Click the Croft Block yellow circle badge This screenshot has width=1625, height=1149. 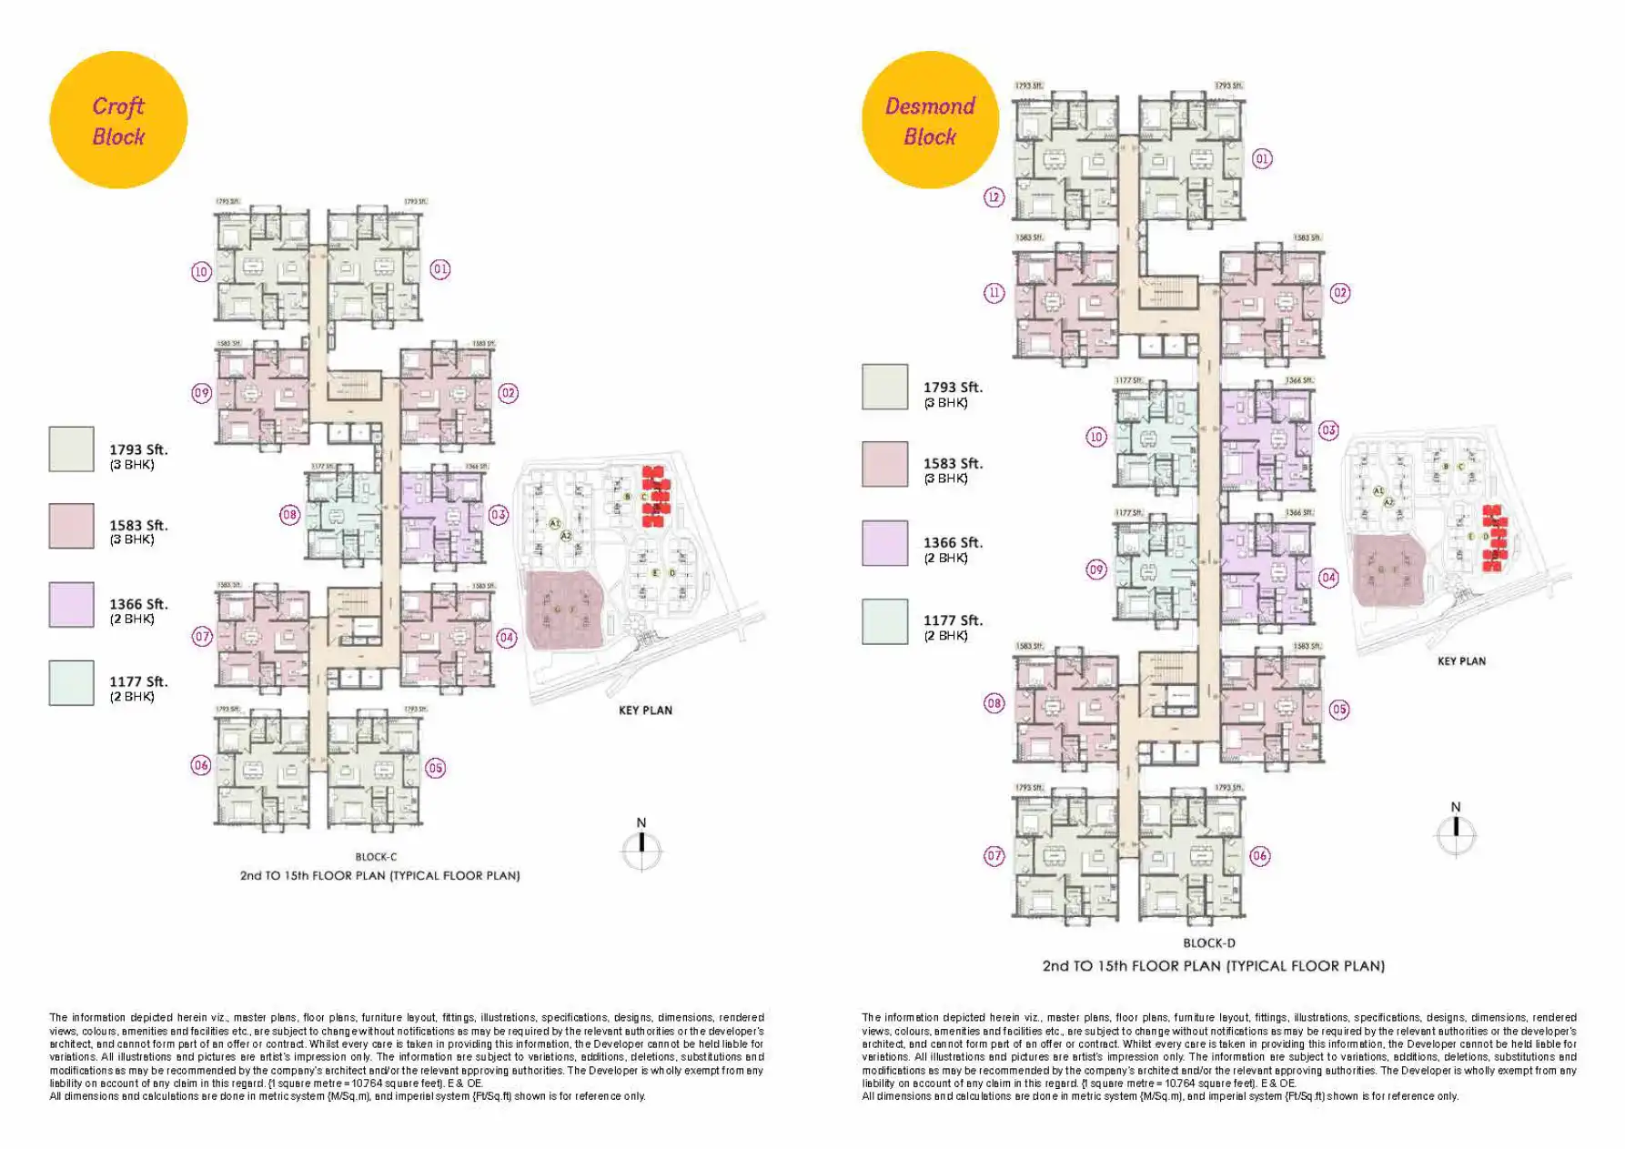tap(118, 120)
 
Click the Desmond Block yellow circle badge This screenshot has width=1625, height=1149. tap(930, 120)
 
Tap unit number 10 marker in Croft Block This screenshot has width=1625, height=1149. tap(201, 271)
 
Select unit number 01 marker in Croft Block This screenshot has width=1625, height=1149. tap(440, 269)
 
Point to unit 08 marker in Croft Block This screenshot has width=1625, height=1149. tap(289, 515)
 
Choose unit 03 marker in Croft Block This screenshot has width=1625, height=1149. tap(499, 515)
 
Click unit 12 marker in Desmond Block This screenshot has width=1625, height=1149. tap(994, 197)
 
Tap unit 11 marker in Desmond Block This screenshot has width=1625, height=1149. tap(994, 293)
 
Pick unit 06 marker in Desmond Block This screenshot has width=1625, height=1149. tap(1259, 855)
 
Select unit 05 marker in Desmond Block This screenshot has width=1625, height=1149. tap(1338, 710)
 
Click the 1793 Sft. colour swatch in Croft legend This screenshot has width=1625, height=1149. tap(71, 449)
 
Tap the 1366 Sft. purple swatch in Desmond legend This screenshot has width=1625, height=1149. tap(884, 543)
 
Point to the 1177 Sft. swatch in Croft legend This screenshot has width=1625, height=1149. tap(71, 683)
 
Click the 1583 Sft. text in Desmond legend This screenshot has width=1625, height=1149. tap(953, 464)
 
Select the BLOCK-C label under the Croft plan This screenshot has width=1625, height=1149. tap(376, 857)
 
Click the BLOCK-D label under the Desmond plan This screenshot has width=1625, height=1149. tap(1208, 943)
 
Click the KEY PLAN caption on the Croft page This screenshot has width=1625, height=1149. tap(645, 711)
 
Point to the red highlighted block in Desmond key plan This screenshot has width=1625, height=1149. tap(1494, 538)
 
